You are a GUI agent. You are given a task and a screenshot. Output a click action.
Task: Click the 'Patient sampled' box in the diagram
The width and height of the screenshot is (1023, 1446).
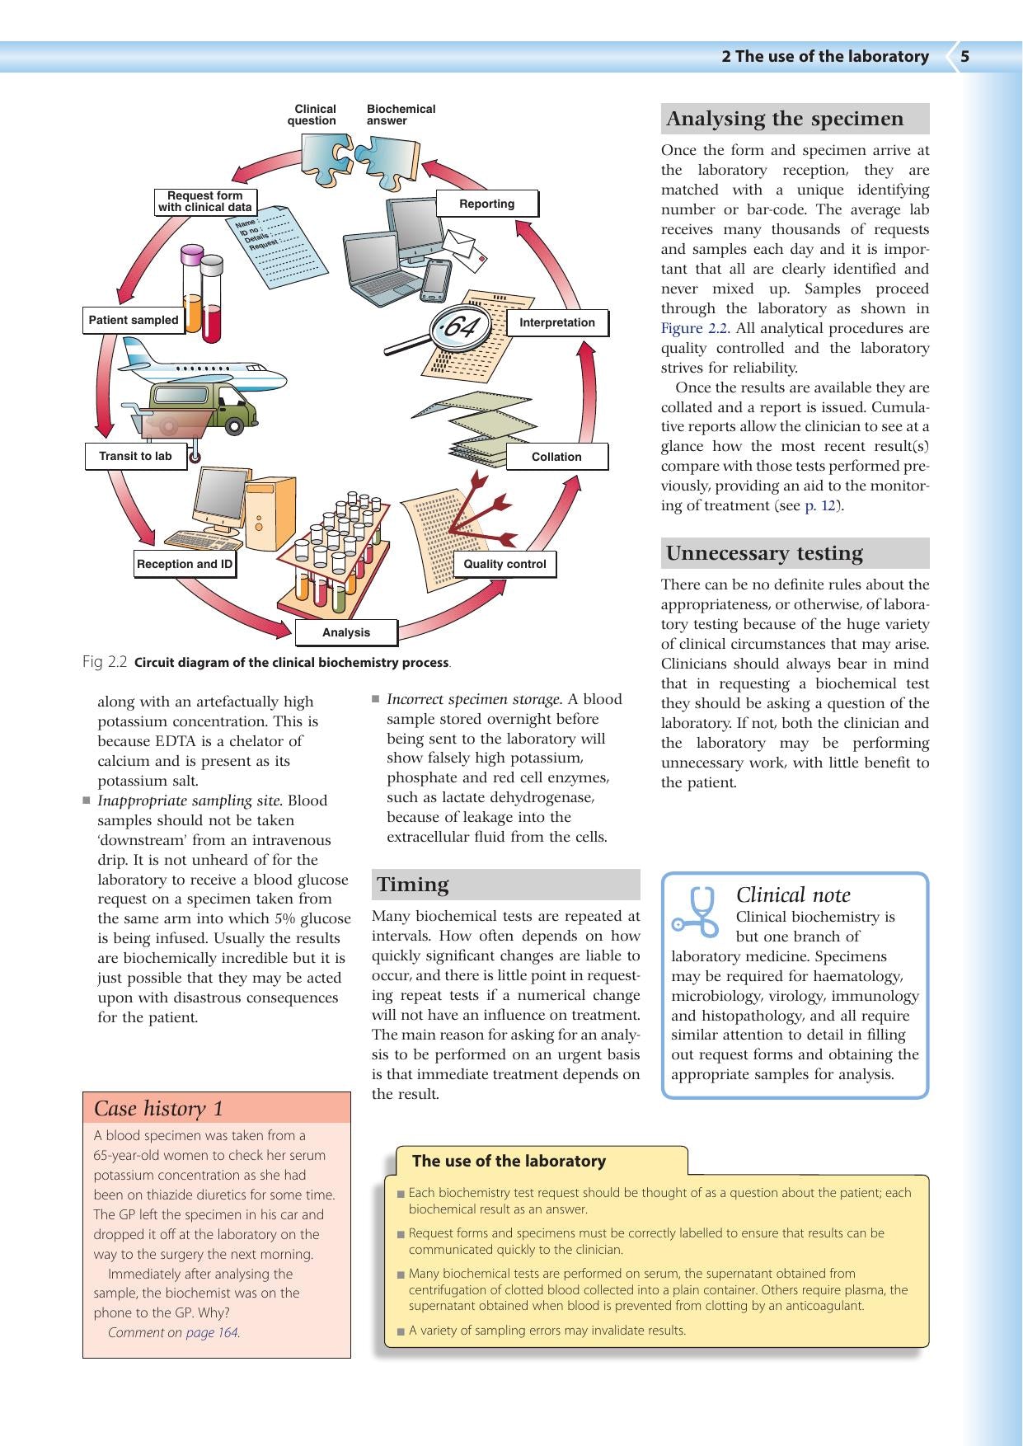134,320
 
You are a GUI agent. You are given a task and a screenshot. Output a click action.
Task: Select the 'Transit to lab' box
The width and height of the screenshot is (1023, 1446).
136,456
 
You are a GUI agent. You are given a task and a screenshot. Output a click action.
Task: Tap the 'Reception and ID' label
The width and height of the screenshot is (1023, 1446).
185,564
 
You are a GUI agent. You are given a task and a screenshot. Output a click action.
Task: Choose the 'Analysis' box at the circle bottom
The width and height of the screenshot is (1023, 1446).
346,632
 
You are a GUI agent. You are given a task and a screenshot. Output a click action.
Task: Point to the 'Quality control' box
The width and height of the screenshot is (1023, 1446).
504,564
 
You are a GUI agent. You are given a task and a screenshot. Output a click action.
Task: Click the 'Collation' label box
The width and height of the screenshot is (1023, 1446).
556,457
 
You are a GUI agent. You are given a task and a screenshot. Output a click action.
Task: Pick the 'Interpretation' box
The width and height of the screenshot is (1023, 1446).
557,322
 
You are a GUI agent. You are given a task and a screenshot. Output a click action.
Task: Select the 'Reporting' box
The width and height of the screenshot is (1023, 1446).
487,204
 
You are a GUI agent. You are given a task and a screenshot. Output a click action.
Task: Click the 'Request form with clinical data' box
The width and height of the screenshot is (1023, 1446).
205,202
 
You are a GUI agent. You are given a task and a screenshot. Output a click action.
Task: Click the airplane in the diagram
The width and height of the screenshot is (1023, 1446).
202,367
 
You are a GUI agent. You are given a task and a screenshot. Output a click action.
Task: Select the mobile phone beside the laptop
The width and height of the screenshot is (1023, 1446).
435,281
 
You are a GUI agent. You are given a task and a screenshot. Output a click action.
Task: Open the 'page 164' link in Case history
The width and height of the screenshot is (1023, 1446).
212,1332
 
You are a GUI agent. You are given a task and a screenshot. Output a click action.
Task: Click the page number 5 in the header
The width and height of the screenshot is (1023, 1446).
964,56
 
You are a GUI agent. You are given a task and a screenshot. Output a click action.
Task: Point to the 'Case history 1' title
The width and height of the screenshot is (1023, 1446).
158,1108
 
